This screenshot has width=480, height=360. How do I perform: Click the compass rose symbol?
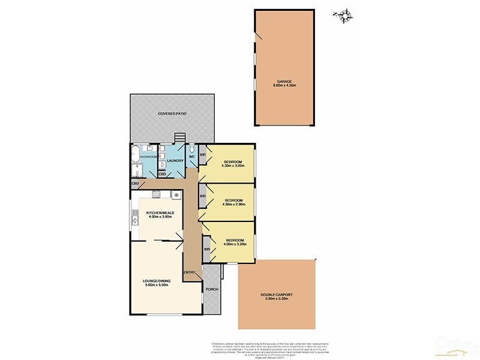[343, 16]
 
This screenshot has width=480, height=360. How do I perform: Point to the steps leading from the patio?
[179, 138]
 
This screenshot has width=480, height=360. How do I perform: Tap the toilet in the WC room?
[191, 149]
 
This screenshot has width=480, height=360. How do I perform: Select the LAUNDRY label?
[174, 161]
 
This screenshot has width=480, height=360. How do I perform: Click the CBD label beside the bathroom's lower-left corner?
[135, 183]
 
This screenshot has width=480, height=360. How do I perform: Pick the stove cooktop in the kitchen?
[156, 194]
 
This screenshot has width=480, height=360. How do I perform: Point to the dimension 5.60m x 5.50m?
[158, 285]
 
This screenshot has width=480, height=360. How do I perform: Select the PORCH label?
[212, 289]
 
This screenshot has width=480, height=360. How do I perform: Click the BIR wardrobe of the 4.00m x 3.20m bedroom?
[206, 249]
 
